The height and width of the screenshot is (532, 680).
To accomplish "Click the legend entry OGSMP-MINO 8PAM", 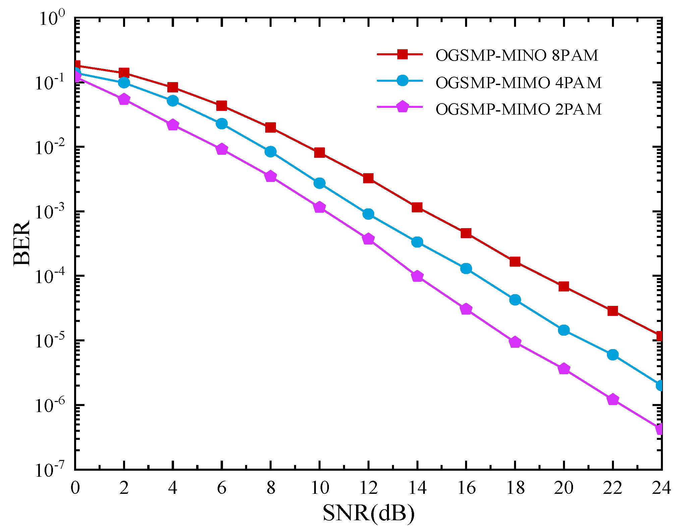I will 516,55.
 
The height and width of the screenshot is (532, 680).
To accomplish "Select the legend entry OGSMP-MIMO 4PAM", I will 518,82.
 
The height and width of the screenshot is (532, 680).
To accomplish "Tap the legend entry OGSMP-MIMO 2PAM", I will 518,109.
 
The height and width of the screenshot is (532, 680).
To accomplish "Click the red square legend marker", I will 402,54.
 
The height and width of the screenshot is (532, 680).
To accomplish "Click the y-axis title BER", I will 22,243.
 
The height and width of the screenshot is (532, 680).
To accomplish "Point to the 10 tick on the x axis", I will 320,488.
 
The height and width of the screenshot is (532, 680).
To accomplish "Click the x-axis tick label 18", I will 515,488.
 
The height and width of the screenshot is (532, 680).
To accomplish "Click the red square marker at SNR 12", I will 368,178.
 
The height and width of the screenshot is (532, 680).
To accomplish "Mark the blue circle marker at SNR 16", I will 466,268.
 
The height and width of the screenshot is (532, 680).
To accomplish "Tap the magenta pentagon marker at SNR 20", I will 564,369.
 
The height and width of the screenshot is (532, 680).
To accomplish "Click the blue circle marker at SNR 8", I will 271,152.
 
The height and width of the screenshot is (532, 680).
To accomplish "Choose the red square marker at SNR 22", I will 613,311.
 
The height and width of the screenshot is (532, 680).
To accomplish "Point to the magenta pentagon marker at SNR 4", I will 173,125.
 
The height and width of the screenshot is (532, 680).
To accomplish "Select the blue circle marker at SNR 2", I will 124,82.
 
